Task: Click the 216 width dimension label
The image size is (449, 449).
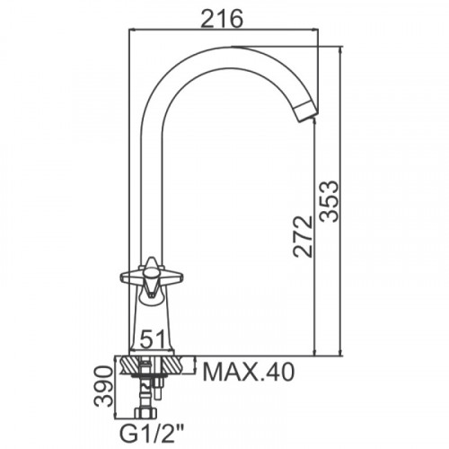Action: coord(222,18)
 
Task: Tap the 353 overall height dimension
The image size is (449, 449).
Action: coord(330,201)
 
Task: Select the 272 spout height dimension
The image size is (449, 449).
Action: coord(303,236)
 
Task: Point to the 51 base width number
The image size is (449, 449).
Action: coord(153,339)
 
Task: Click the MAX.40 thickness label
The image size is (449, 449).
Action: coord(249,372)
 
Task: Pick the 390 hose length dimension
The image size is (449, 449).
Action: coord(104,386)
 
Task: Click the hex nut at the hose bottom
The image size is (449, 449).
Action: coord(145,413)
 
